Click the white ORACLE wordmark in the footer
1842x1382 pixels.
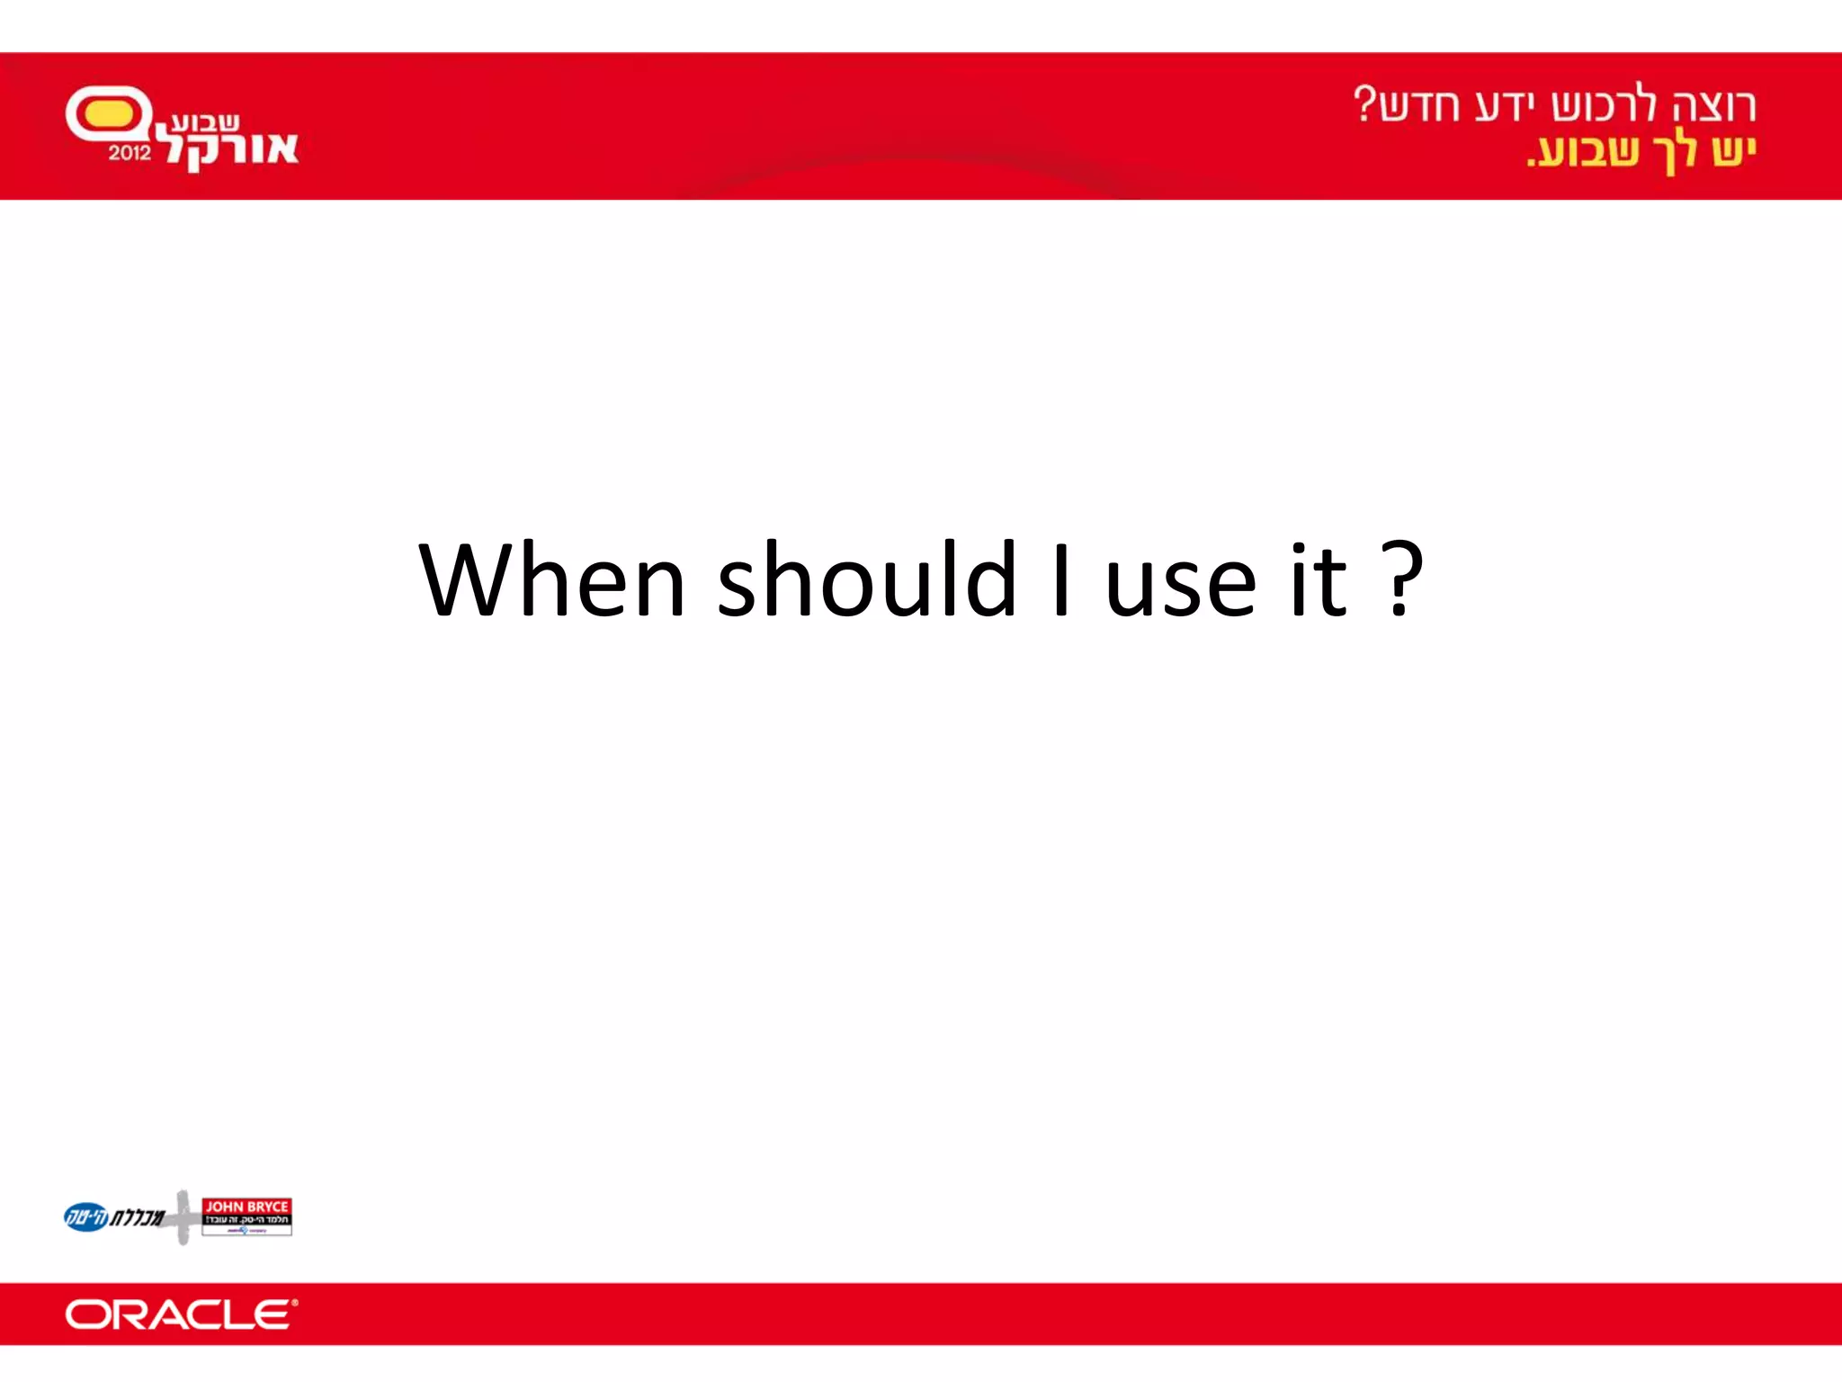click(177, 1315)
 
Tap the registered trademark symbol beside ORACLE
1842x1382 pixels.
click(294, 1302)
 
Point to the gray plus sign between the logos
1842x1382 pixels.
click(183, 1217)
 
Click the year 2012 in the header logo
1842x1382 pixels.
click(130, 153)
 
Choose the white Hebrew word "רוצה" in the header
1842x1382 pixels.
click(1713, 105)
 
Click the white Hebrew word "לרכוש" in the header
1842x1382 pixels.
click(1601, 105)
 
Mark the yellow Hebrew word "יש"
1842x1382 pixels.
click(1734, 149)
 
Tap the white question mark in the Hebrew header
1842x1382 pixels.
click(1364, 103)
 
